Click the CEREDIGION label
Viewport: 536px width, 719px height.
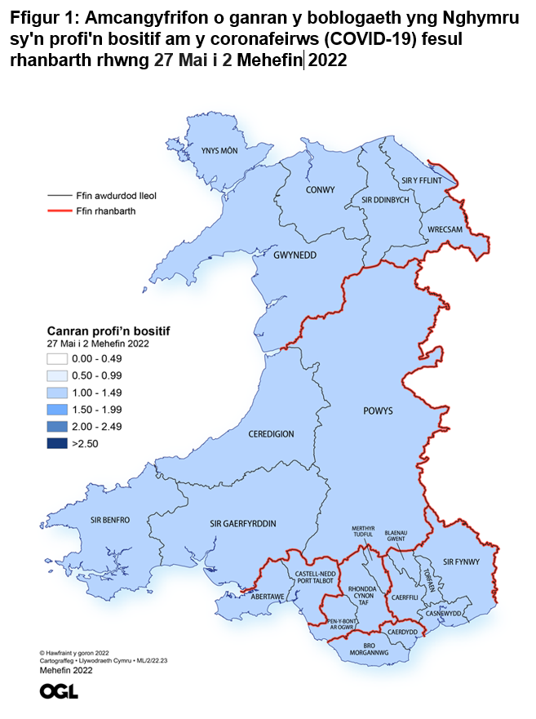point(272,434)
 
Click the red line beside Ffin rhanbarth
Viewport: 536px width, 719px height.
point(59,211)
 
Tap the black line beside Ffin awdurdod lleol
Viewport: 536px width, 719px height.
point(59,196)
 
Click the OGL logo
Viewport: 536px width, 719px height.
point(59,691)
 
